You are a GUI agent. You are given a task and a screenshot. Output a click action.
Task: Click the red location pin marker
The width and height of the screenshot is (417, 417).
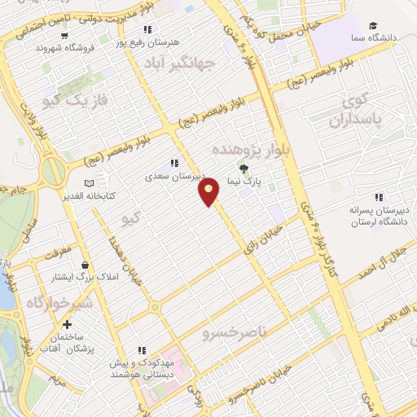[210, 191]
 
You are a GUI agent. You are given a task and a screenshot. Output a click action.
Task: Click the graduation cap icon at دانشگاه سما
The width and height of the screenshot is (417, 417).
[373, 26]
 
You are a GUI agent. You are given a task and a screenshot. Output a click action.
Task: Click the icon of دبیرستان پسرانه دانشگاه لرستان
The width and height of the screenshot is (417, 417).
[378, 197]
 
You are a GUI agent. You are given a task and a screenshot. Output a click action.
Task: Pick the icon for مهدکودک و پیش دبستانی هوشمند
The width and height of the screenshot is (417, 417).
[142, 351]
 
